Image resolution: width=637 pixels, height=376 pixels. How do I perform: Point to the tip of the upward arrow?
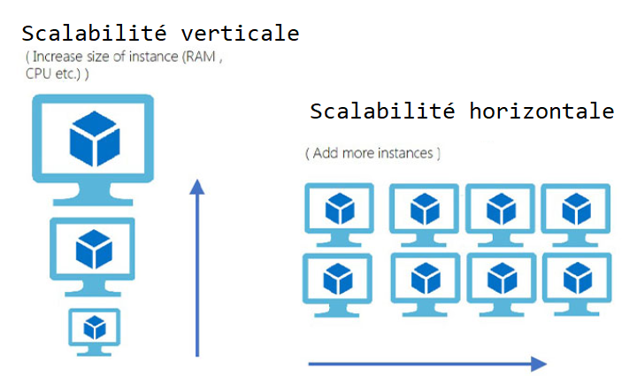(197, 182)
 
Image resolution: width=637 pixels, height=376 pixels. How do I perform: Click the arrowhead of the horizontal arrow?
(540, 364)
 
